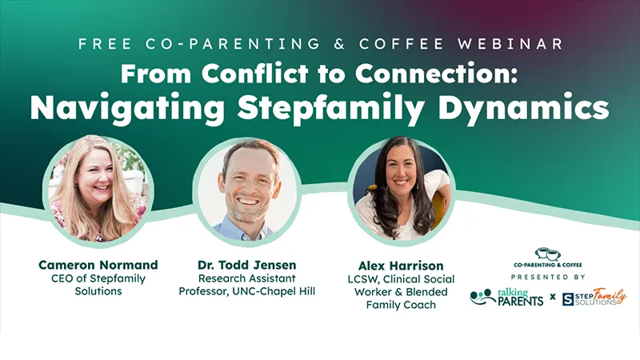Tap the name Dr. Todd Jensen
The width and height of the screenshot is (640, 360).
pos(247,264)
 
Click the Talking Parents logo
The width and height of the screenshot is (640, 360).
pos(506,298)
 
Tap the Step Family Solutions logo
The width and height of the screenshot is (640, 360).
pos(594,298)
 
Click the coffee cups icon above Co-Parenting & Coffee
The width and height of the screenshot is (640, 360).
pos(548,254)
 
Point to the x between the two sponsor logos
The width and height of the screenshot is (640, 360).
pos(552,298)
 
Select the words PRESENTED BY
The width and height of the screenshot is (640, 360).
pos(548,277)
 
